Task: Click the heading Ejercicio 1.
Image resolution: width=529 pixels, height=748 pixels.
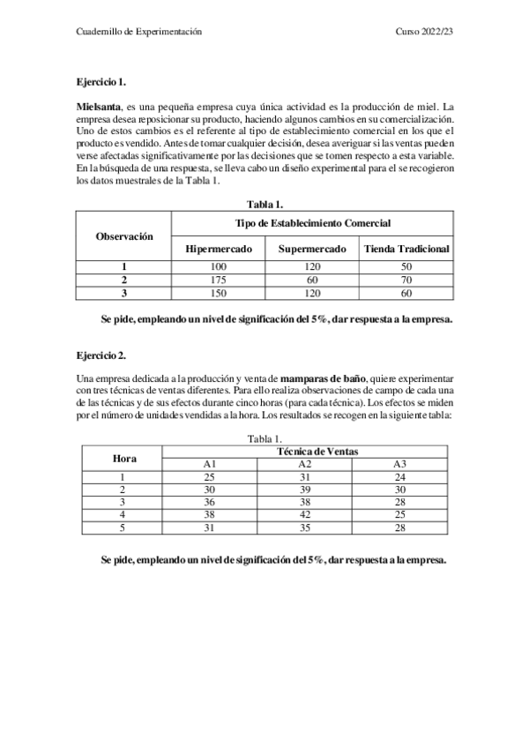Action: [101, 82]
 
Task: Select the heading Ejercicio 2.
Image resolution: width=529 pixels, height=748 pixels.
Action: [101, 355]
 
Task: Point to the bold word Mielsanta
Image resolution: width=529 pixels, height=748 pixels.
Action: [99, 106]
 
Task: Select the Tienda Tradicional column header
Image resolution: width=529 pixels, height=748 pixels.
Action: [406, 249]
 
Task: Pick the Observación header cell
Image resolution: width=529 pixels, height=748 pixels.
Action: [124, 236]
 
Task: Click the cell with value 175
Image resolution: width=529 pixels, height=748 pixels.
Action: [219, 280]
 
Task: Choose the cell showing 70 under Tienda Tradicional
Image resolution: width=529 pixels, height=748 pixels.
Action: [406, 280]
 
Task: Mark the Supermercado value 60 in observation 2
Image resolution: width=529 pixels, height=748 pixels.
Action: [312, 280]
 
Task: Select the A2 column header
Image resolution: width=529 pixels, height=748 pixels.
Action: [305, 464]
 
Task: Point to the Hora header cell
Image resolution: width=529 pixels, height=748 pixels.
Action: [124, 458]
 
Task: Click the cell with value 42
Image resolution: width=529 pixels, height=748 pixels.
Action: [305, 516]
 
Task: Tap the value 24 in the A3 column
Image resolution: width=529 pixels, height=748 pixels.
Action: [399, 477]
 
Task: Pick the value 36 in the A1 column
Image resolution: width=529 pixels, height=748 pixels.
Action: [210, 503]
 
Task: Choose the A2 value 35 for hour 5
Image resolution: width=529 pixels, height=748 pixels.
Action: [305, 529]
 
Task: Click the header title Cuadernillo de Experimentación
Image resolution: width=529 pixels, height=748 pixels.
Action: [140, 32]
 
